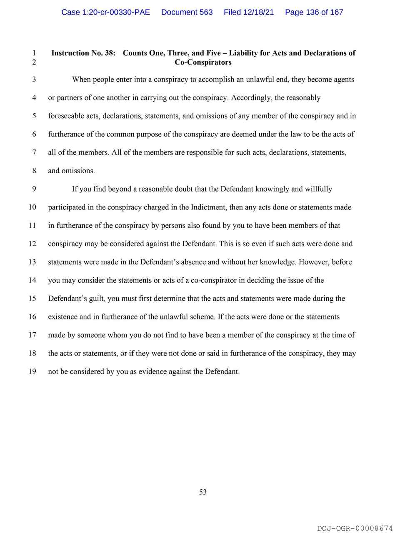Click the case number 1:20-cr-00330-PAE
point(105,12)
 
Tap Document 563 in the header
point(187,12)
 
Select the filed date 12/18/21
point(249,12)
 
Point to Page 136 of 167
point(314,12)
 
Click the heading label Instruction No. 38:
point(83,53)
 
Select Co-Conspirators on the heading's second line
point(203,62)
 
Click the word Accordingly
point(251,98)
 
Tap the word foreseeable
point(66,116)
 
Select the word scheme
point(202,317)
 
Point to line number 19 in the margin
point(32,371)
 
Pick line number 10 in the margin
point(32,207)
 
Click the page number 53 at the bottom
point(203,492)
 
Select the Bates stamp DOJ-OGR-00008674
point(355,528)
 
